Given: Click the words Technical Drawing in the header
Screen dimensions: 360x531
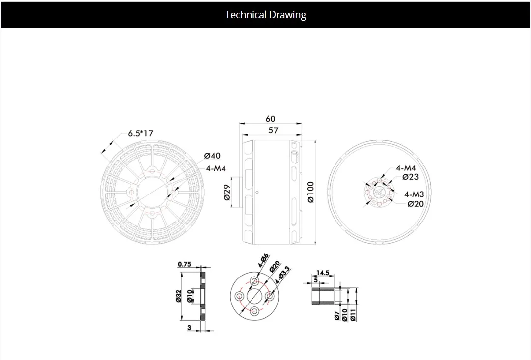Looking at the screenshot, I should tap(265, 15).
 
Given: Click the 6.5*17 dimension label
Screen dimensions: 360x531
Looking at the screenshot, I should tap(141, 133).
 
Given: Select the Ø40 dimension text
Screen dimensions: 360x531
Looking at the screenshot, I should tap(212, 156).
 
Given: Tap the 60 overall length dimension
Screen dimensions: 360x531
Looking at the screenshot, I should tap(271, 119).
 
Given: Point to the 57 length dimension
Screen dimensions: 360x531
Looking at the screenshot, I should tap(273, 130).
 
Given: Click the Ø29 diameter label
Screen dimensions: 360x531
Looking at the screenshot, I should tap(227, 193).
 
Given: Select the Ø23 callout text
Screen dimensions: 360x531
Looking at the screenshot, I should tap(410, 177).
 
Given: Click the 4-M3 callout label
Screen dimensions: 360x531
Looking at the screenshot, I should tap(414, 194).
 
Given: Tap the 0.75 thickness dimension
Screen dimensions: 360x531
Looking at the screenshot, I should tap(184, 264).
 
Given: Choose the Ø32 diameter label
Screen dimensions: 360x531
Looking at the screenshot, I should tap(179, 296).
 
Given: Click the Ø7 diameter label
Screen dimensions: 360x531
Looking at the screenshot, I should tap(337, 315).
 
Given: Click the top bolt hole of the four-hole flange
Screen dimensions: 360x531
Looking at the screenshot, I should tap(254, 280).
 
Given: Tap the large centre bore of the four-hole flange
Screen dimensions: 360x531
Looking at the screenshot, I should tap(254, 296).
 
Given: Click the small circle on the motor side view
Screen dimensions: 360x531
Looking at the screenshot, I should tap(258, 192).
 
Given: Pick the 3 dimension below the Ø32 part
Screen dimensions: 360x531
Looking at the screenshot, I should tap(189, 328).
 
